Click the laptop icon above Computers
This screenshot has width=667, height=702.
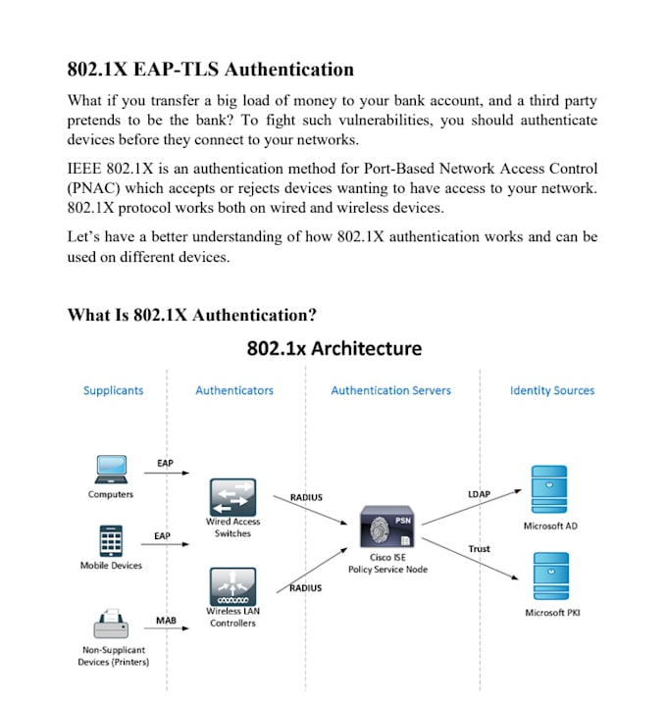point(111,469)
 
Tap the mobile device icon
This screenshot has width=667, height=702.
point(111,541)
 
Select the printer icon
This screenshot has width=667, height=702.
point(111,623)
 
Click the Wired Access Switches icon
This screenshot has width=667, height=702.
point(232,497)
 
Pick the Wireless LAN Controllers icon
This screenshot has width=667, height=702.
point(232,586)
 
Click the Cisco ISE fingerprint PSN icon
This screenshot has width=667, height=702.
point(387,526)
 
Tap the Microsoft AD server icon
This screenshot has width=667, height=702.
point(549,489)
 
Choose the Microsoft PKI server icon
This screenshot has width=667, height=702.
point(551,576)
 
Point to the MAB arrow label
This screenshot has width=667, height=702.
point(166,620)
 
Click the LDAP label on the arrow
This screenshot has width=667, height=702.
point(479,494)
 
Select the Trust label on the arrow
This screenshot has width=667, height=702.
point(479,548)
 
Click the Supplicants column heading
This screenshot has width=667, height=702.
point(114,390)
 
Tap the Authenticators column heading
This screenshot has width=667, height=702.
point(234,390)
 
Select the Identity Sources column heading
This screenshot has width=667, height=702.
point(552,390)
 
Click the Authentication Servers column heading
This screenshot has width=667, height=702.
point(390,390)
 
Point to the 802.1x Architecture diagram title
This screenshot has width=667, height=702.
point(334,348)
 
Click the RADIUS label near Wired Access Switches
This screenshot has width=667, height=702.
point(306,497)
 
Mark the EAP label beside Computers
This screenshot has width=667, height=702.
point(165,463)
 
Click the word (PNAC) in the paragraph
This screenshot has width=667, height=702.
point(93,188)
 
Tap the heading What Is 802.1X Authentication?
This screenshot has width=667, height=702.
point(191,315)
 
